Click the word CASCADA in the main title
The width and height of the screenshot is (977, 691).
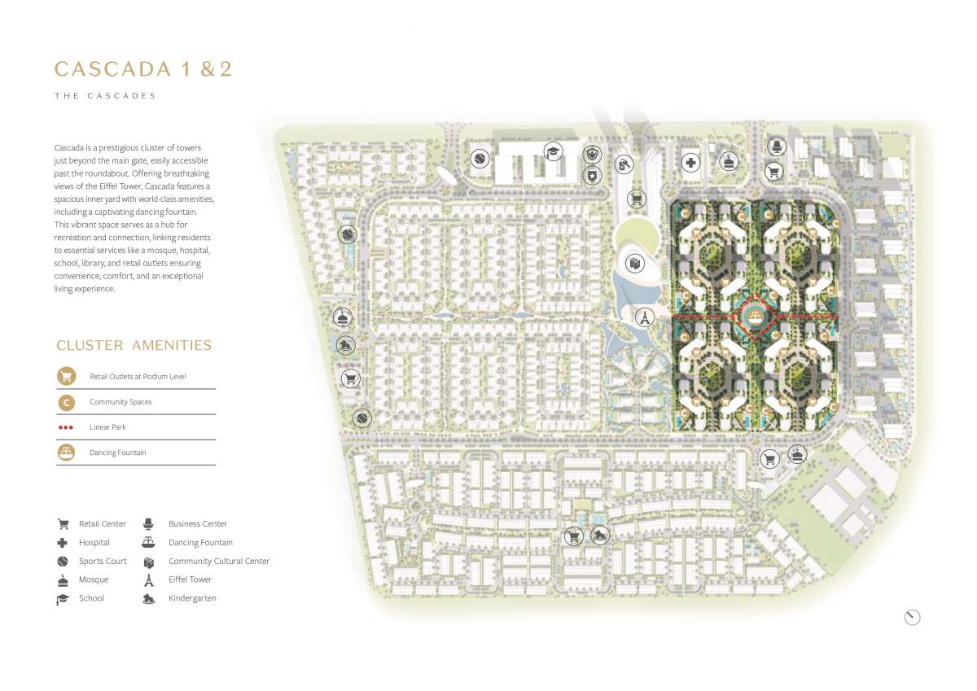[112, 69]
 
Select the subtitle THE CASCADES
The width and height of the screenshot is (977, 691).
[105, 96]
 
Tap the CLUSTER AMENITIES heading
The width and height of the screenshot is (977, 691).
[134, 345]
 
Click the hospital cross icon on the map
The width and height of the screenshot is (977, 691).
[690, 163]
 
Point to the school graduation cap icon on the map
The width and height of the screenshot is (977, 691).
[553, 151]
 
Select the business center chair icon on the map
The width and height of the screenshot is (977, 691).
[777, 146]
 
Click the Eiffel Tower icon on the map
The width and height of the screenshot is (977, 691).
[644, 317]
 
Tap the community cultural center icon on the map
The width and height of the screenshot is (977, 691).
[634, 264]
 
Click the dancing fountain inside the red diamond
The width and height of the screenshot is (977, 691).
[756, 317]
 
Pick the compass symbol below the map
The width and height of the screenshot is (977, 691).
[912, 617]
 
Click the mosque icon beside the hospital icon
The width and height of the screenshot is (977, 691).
[729, 162]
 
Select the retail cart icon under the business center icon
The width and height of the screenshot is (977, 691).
[773, 172]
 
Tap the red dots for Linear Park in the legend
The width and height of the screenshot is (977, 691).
[66, 427]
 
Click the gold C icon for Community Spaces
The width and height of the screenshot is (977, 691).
[66, 402]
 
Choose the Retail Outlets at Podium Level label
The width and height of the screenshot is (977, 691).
[138, 376]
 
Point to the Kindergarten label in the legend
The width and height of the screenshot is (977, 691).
[192, 598]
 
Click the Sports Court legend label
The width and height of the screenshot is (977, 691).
[103, 561]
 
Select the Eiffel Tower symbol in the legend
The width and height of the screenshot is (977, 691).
[149, 579]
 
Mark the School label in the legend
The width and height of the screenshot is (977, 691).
[91, 598]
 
